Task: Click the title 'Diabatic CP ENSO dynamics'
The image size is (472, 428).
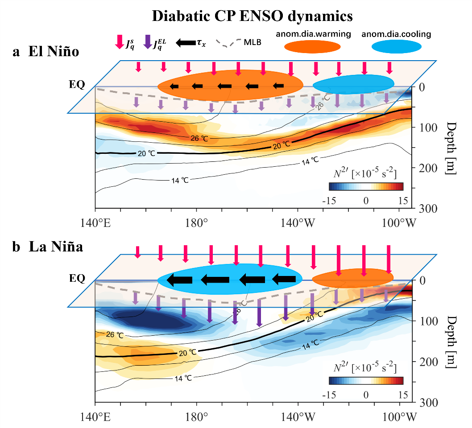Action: (253, 16)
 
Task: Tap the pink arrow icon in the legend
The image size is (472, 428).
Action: (119, 41)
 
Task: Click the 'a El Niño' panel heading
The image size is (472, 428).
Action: (46, 52)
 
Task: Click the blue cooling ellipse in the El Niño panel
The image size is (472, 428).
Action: (353, 83)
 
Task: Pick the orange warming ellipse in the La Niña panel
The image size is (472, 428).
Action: (352, 278)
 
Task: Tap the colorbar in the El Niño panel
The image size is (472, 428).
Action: (366, 186)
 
